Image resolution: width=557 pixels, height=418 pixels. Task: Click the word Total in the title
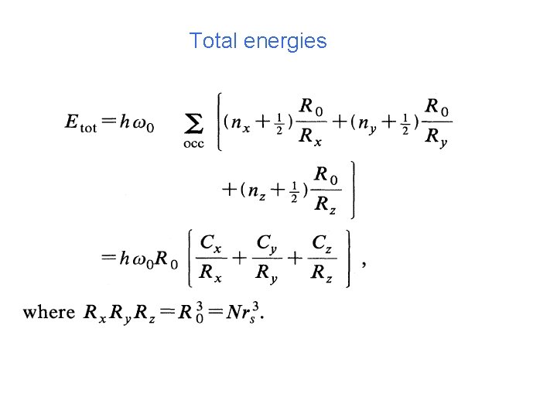point(214,41)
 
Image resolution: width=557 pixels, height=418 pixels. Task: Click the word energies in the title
point(285,42)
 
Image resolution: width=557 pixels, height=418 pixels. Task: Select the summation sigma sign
point(195,123)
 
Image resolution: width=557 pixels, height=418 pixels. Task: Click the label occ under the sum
point(194,144)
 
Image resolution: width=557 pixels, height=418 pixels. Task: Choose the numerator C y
point(267,243)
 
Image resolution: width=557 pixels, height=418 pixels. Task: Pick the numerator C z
point(323,243)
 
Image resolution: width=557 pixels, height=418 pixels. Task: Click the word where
point(49,312)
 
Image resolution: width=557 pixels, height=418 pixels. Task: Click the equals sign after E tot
point(108,122)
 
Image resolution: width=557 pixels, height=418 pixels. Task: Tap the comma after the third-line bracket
point(364,264)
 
